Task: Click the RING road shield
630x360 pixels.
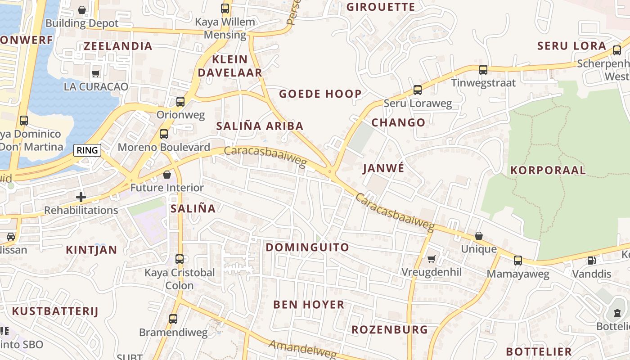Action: click(87, 150)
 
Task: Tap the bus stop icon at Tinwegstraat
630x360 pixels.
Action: click(483, 70)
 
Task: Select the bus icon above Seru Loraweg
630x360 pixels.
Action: click(417, 90)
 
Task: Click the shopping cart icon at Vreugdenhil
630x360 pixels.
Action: click(431, 259)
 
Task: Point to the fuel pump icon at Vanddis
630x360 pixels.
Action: click(591, 261)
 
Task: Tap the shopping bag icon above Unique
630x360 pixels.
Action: click(478, 236)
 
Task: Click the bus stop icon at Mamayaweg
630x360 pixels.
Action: click(518, 260)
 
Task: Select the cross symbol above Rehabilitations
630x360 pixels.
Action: click(81, 197)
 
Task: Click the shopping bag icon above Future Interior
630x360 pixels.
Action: click(167, 174)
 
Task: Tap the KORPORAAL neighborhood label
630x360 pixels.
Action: click(548, 170)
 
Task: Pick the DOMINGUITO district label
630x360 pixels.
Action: click(307, 247)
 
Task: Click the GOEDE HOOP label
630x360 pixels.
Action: click(320, 94)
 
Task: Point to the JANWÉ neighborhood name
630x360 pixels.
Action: click(383, 168)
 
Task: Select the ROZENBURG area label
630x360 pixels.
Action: click(390, 329)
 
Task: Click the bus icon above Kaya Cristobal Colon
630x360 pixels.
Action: click(179, 259)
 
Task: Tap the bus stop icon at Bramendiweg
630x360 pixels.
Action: click(173, 319)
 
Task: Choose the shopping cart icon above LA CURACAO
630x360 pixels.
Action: click(95, 73)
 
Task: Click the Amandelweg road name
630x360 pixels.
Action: click(302, 350)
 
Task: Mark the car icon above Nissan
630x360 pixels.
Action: click(10, 236)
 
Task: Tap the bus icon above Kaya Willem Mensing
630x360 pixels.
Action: click(225, 8)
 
